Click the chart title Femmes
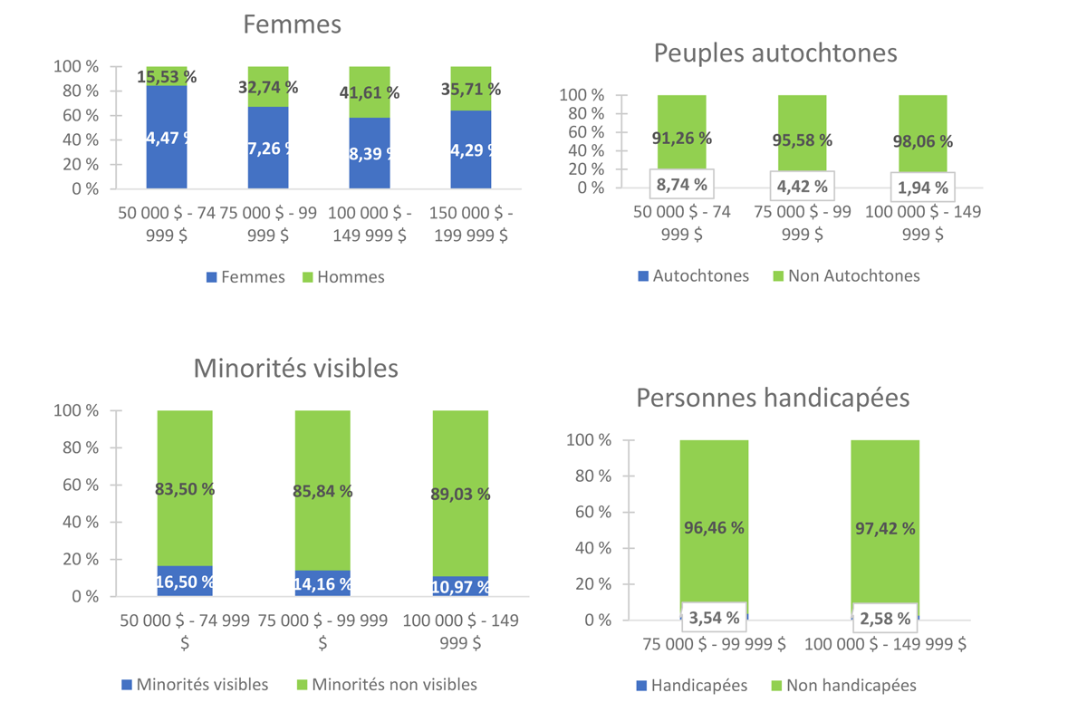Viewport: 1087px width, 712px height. [292, 24]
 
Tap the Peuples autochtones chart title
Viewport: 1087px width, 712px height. [775, 53]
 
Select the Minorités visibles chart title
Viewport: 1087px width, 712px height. [295, 369]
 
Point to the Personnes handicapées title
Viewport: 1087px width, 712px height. [773, 398]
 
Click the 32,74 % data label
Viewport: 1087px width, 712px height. [267, 88]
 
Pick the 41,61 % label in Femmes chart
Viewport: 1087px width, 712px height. [369, 92]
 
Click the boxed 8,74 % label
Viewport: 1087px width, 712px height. [682, 186]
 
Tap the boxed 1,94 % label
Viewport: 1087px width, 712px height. [922, 188]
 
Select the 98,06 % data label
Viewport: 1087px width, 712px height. [922, 141]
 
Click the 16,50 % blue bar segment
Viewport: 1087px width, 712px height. [185, 582]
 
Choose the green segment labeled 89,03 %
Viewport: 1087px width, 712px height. [460, 494]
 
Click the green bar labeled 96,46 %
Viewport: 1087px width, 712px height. [714, 527]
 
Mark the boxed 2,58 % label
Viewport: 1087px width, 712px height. [884, 619]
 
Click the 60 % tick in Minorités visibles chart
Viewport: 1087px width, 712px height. [82, 485]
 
